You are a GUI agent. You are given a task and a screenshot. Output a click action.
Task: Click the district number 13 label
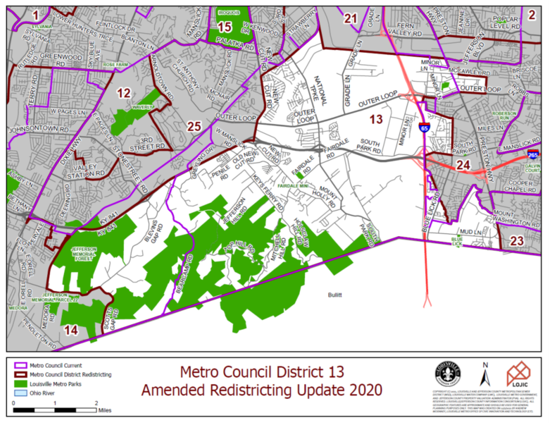coord(376,118)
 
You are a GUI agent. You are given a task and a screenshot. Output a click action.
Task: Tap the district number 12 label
coord(124,93)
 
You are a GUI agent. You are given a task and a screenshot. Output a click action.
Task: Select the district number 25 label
coord(194,127)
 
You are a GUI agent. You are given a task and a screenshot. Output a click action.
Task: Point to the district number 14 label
coord(71,330)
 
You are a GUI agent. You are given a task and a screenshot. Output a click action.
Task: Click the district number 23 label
coord(517,241)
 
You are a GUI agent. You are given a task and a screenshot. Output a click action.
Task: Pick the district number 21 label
coord(351,19)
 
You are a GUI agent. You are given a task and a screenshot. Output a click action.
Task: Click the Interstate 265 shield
coord(533,153)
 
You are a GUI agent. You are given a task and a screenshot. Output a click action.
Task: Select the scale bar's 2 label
coord(96,403)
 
